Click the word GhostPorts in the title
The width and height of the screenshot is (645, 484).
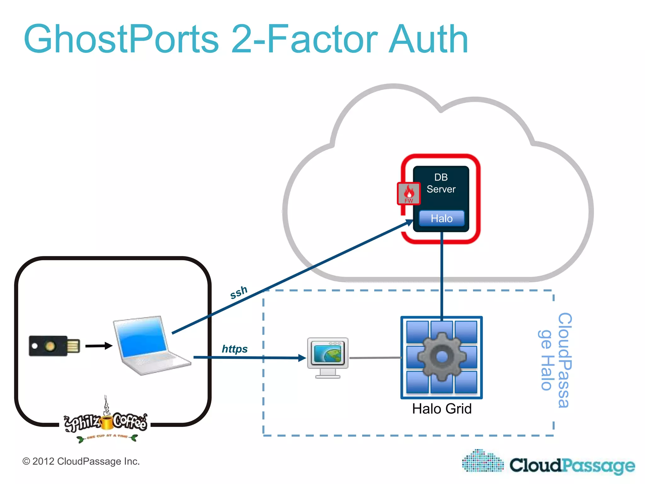121,39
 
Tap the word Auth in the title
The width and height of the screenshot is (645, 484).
428,39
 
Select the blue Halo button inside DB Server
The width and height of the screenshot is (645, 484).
442,218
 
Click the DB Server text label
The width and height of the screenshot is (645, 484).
441,183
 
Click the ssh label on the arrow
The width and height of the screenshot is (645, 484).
239,292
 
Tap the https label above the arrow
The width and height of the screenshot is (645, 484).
235,349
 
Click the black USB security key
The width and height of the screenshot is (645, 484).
54,346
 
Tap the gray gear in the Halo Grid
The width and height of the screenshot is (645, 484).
442,357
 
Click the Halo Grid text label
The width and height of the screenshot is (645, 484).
442,409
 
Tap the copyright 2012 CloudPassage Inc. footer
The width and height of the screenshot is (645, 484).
81,461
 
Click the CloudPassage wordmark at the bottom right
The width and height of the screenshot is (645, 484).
572,465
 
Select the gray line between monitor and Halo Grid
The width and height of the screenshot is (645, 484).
375,358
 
